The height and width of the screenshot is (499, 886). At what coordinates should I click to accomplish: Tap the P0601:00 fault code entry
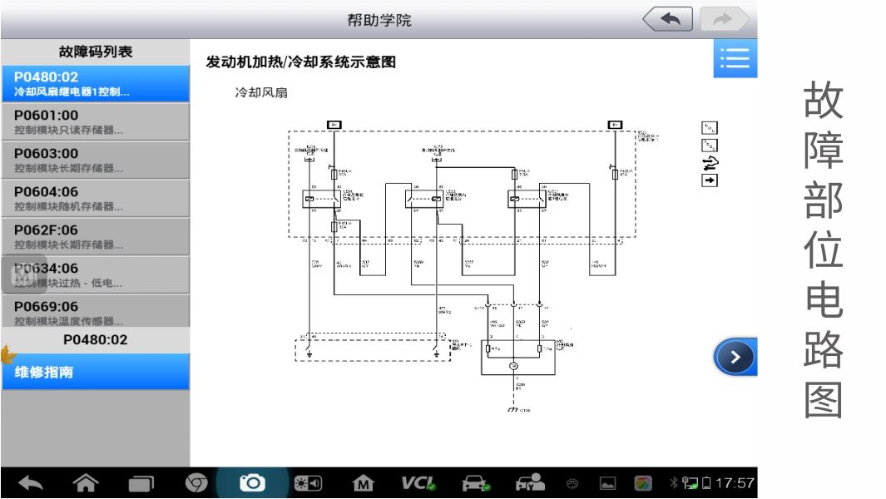95,121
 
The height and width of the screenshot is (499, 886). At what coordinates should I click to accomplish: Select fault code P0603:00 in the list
95,160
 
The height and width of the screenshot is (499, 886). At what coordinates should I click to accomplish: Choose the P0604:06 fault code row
95,198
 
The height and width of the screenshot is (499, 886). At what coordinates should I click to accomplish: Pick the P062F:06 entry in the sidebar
95,236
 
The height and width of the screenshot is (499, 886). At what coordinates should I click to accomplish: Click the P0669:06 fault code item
95,313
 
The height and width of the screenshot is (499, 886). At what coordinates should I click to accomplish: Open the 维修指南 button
95,373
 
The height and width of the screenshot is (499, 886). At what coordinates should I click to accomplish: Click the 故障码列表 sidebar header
95,52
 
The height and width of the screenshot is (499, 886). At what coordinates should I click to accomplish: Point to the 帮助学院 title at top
379,20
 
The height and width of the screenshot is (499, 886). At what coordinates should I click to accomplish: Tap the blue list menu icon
735,59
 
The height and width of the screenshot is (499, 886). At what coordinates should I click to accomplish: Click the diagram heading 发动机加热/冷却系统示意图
300,62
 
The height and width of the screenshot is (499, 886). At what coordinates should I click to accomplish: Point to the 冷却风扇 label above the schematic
261,93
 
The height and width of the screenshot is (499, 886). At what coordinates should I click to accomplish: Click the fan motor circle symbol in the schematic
514,366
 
